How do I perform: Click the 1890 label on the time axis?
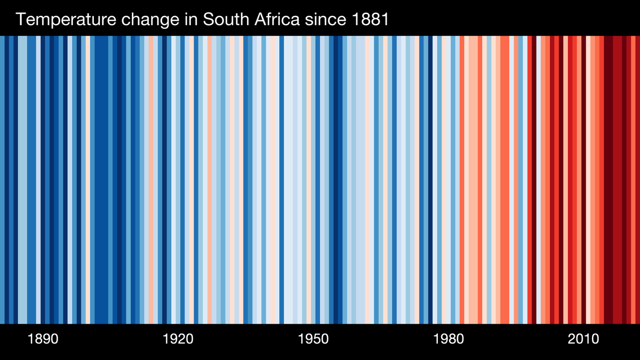pos(43,339)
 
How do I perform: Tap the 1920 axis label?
pos(178,339)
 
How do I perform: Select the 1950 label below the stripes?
pos(313,339)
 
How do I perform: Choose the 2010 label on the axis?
pos(583,339)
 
